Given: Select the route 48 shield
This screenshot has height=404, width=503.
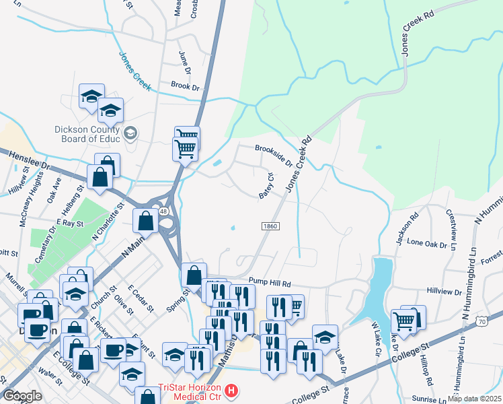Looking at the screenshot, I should tap(163, 211).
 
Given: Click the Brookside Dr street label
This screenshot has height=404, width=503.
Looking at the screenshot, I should tap(274, 154).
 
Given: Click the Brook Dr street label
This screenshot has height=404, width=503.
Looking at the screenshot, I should tap(185, 87).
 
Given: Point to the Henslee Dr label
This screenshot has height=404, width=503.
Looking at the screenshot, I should tap(30, 160).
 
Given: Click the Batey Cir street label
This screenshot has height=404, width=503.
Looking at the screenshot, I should tap(266, 187).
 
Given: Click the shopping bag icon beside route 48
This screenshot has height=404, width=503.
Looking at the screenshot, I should tap(146, 220).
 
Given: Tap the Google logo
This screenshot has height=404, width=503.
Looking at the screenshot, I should tap(22, 396).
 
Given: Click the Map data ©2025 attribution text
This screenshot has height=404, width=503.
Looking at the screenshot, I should tap(473, 399).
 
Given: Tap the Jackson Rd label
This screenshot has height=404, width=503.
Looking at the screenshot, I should tap(407, 229).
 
